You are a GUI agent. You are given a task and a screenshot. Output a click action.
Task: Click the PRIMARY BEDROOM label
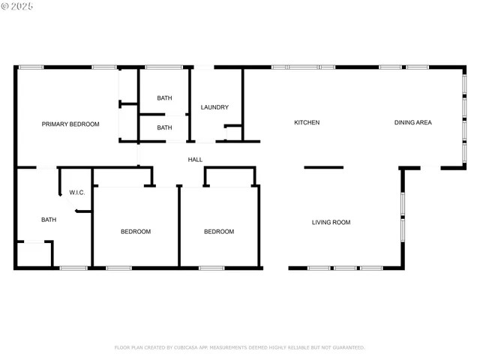70,124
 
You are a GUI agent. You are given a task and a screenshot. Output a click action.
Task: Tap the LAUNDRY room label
214,107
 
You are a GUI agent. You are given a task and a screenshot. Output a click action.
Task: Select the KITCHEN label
307,122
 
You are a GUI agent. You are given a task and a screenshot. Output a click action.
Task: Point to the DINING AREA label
413,122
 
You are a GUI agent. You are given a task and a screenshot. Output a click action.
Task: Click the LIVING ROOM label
331,222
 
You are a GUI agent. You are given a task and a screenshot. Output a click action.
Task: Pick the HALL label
195,159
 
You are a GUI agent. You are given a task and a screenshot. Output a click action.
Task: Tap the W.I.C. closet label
77,193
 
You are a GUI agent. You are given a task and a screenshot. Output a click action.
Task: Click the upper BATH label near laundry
164,98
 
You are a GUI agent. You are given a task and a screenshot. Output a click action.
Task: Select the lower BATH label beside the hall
164,127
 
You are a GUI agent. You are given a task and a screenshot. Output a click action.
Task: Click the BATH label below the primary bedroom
49,220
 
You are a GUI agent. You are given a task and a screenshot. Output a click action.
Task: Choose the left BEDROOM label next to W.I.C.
136,232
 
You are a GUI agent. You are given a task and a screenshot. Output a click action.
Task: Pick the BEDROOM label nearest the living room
219,232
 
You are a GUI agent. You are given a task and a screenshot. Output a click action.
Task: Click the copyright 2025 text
18,6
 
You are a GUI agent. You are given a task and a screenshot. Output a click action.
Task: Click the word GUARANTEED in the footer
346,347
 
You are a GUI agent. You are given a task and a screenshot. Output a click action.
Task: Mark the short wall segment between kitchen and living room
323,167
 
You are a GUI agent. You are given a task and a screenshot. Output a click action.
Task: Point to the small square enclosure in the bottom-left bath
34,254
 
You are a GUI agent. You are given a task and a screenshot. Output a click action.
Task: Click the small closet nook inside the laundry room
233,133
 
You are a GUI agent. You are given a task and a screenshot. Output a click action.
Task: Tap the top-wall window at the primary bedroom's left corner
31,67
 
